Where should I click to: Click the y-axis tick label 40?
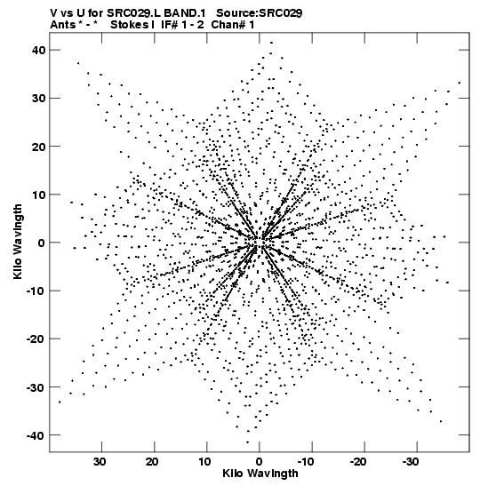click(38, 50)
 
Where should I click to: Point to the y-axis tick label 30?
click(38, 99)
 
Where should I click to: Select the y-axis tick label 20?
click(38, 147)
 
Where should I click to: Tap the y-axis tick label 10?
click(38, 195)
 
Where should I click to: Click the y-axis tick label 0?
click(42, 243)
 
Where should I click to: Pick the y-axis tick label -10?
click(36, 291)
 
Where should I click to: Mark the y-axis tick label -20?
click(36, 339)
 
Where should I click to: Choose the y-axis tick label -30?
click(36, 387)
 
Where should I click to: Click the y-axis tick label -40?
click(36, 435)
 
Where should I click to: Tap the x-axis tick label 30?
click(100, 462)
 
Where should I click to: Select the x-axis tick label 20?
click(152, 462)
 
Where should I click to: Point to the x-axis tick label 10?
click(204, 462)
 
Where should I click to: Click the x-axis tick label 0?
click(260, 462)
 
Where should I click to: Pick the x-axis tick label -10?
click(306, 462)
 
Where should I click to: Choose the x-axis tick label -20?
click(358, 462)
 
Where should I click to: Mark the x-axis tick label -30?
click(411, 462)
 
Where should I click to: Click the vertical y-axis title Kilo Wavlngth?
click(18, 242)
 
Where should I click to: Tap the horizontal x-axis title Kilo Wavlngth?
click(260, 474)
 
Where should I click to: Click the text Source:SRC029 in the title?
click(260, 13)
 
